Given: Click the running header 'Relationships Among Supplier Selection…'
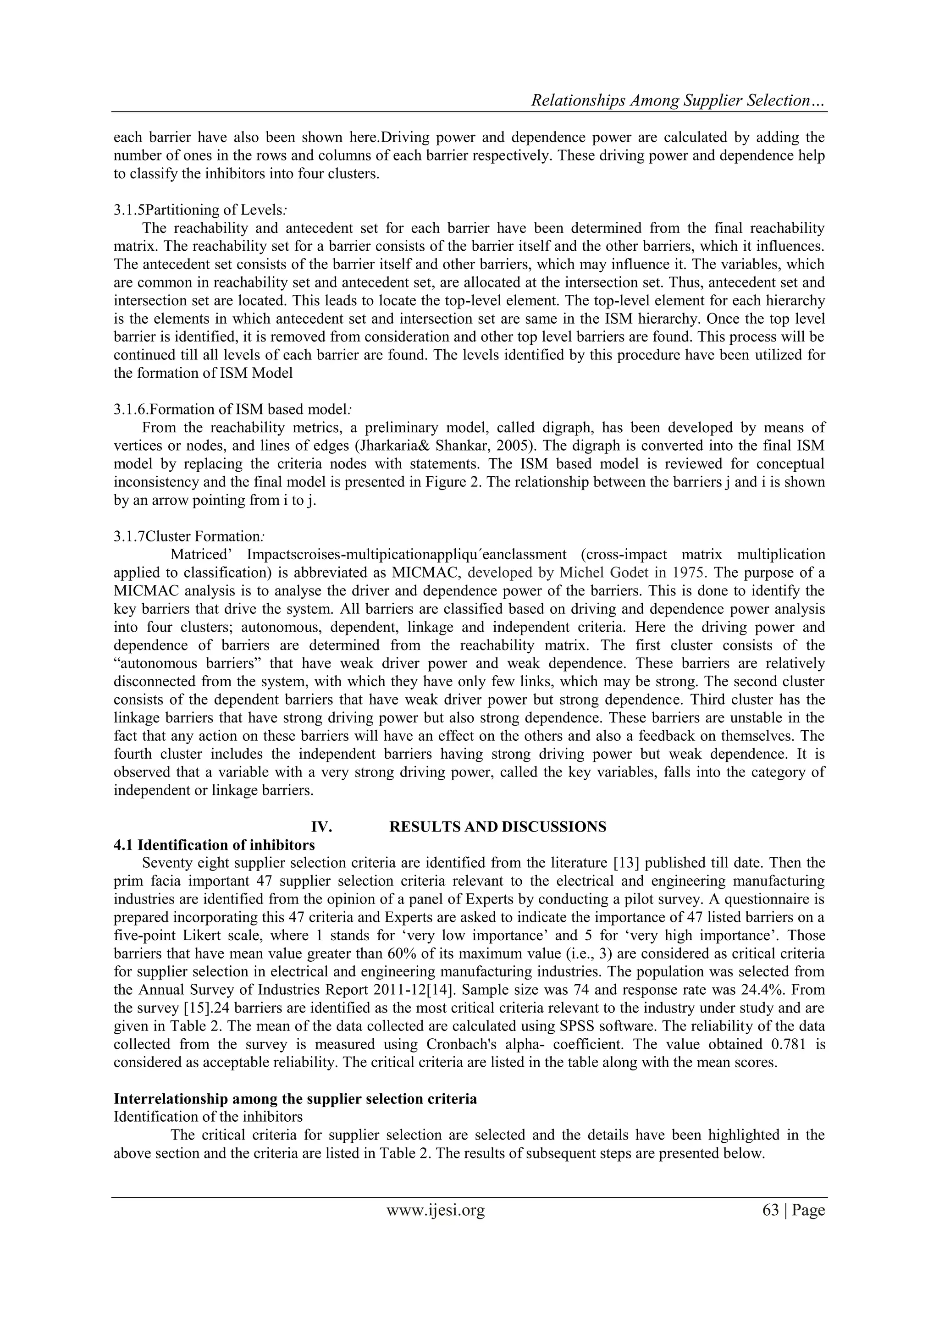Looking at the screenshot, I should coord(678,101).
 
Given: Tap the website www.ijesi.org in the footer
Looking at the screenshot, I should coord(435,1209).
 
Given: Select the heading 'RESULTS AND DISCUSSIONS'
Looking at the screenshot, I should coord(497,827).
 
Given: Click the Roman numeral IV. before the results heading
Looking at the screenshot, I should coord(322,827).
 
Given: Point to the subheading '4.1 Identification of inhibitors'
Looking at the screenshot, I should coord(214,844).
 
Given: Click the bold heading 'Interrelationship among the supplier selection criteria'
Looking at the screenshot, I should coord(295,1098).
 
